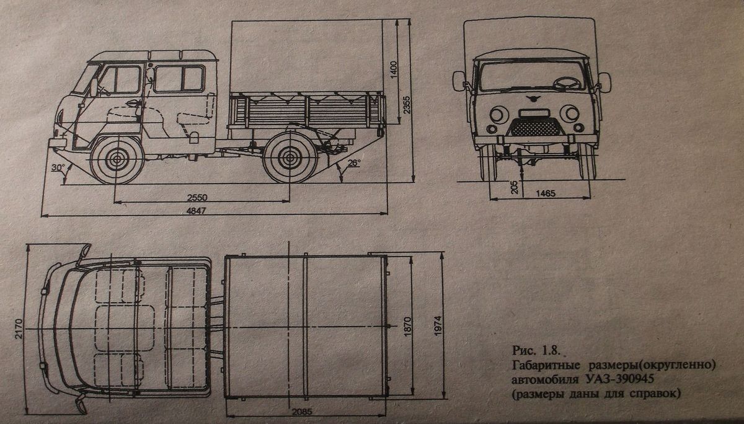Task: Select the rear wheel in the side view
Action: tap(288, 159)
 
